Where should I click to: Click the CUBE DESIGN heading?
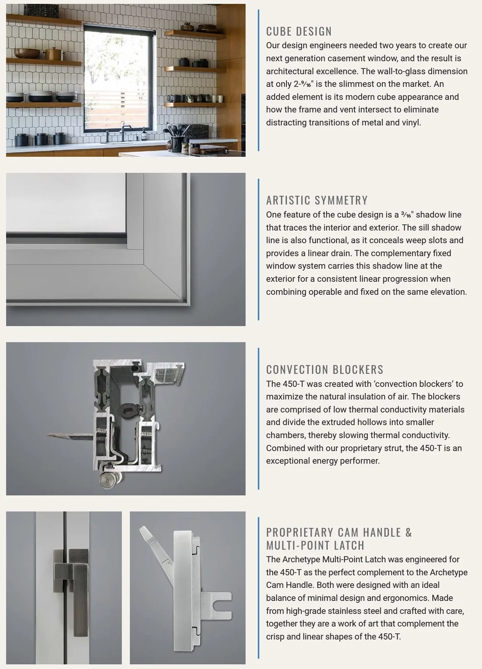click(x=299, y=31)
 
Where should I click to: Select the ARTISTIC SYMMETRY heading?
click(x=317, y=200)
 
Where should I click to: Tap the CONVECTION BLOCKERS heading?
click(x=325, y=369)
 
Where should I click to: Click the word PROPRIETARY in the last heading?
click(x=299, y=532)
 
